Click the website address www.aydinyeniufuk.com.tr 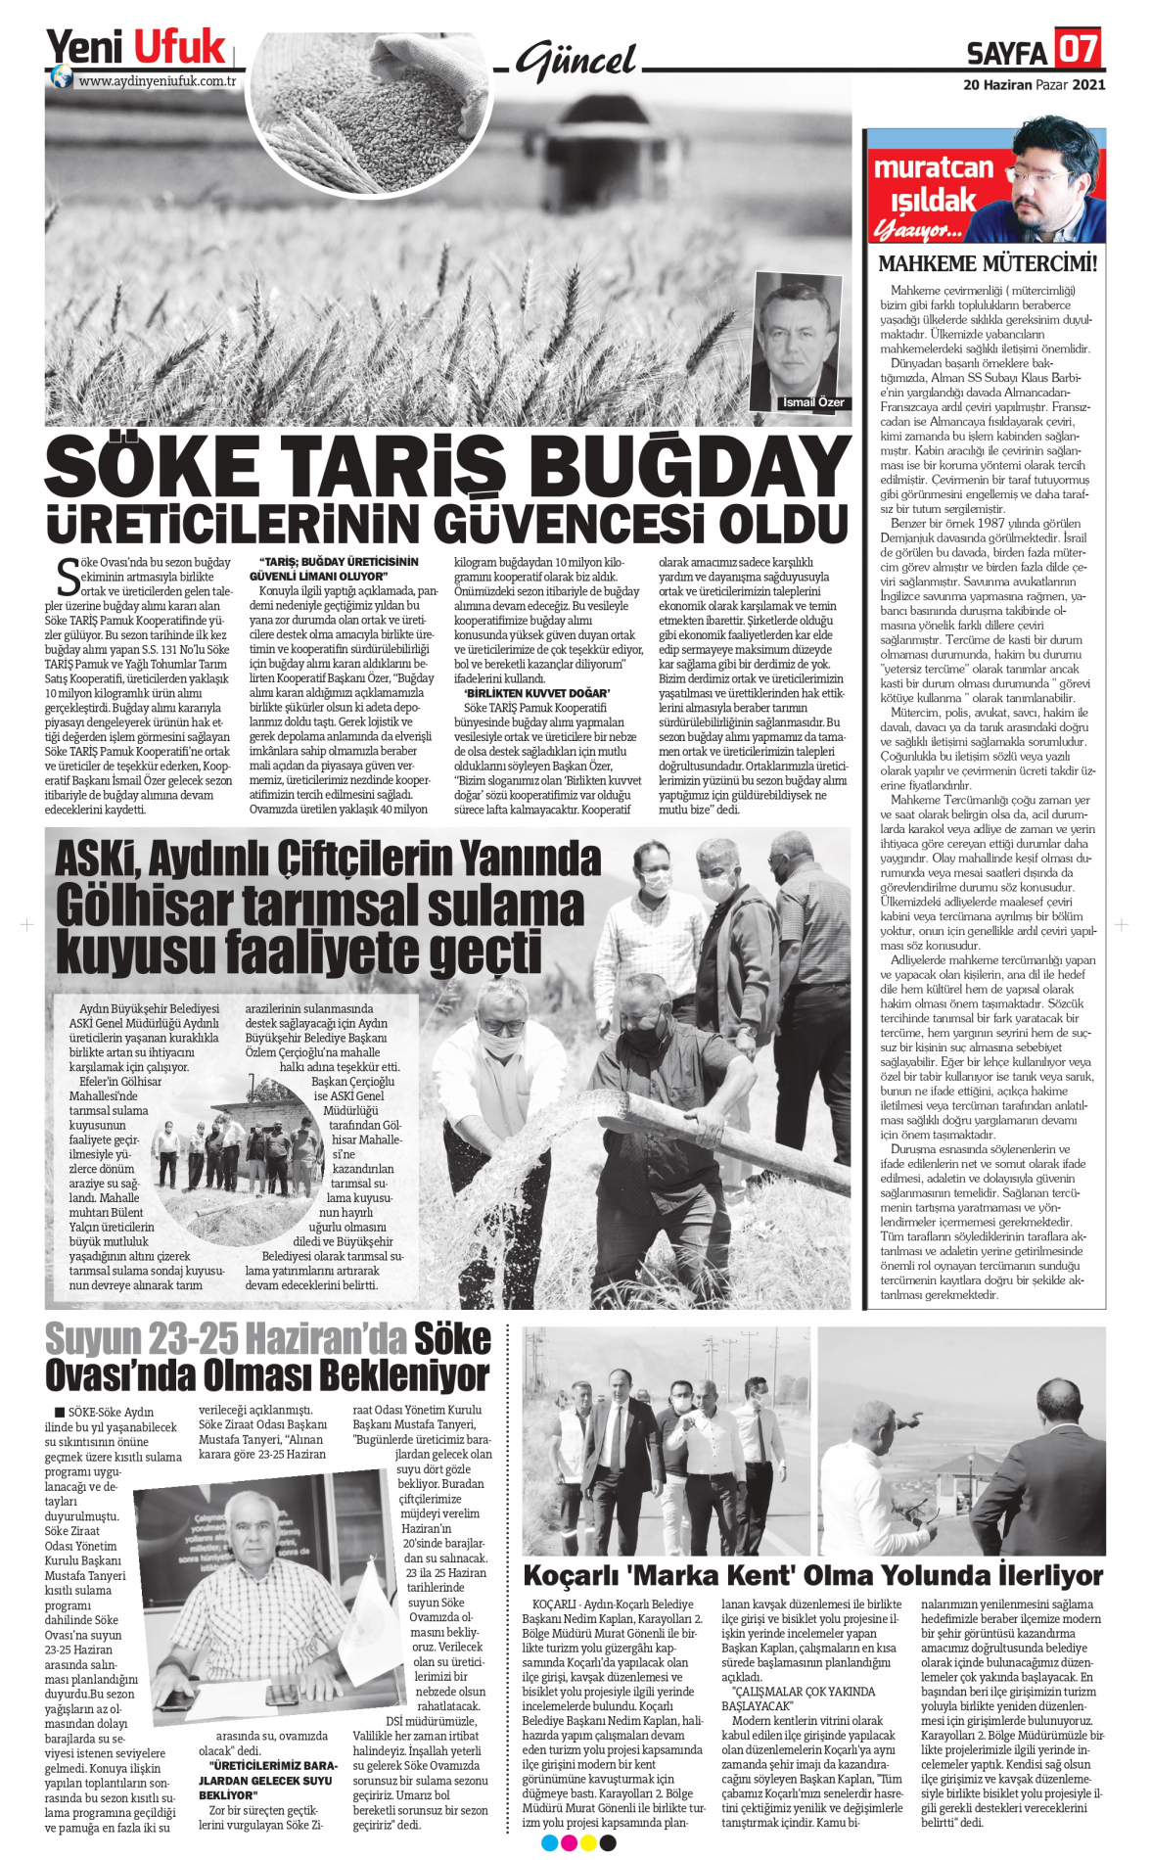click(x=158, y=81)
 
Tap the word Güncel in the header click(x=576, y=63)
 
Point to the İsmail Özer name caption click(x=812, y=402)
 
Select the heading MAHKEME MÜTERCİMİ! click(x=987, y=264)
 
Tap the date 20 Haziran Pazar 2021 click(x=1035, y=85)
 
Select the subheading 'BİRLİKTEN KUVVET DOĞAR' click(x=536, y=693)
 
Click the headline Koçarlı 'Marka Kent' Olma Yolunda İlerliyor click(x=812, y=1576)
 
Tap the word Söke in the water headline click(x=451, y=1338)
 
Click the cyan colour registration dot click(x=549, y=1843)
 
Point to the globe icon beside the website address click(x=62, y=77)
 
